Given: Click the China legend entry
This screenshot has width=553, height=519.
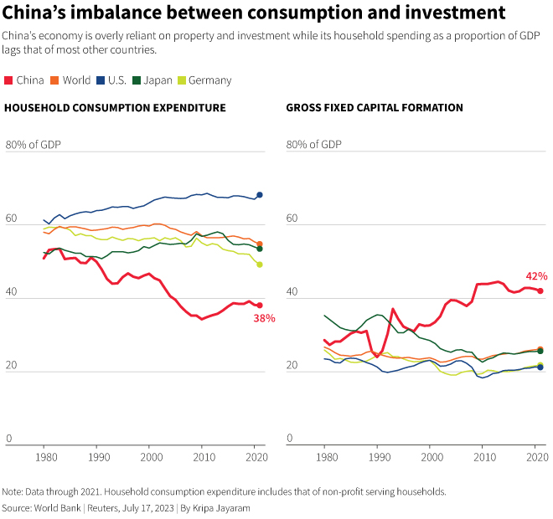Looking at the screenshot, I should (25, 80).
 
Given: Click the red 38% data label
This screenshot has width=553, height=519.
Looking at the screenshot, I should (264, 318).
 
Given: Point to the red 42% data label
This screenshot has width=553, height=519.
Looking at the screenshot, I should (536, 275).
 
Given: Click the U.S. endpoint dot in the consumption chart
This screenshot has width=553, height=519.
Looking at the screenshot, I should (260, 195).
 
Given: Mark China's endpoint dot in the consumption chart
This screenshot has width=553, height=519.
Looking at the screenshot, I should (260, 305).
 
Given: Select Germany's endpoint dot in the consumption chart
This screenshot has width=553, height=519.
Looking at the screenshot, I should (260, 265).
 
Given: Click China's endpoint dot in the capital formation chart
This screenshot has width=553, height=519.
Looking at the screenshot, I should (540, 290).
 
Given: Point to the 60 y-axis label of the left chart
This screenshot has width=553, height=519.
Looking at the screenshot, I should (12, 219).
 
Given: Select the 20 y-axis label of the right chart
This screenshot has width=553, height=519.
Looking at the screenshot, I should (292, 366).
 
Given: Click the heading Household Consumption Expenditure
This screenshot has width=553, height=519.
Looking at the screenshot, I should (116, 108).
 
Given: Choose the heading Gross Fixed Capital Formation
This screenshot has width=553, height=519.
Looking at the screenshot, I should (375, 108).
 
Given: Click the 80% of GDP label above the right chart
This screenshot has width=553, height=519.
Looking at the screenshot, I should (314, 144).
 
